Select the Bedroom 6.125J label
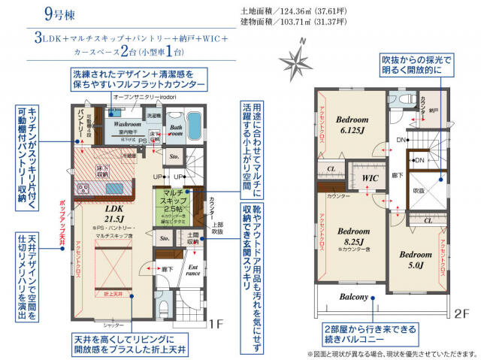352,126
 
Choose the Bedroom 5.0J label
414,259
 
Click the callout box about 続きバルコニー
373,333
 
